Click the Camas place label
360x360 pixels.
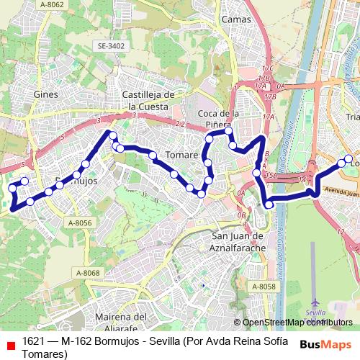(237, 19)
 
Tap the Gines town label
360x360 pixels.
(45, 95)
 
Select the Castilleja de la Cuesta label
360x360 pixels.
(148, 100)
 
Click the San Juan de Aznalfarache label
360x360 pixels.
(238, 242)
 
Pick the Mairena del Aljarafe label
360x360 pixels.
(121, 322)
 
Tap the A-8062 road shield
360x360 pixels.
(52, 5)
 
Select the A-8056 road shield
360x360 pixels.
(80, 223)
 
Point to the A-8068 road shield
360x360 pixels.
(88, 273)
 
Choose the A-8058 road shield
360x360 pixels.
(264, 287)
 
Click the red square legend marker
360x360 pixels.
(10, 346)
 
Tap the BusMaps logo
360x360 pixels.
(325, 345)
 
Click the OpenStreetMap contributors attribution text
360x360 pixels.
(297, 323)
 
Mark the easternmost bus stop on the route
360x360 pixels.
(348, 158)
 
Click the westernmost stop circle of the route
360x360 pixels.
(12, 188)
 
